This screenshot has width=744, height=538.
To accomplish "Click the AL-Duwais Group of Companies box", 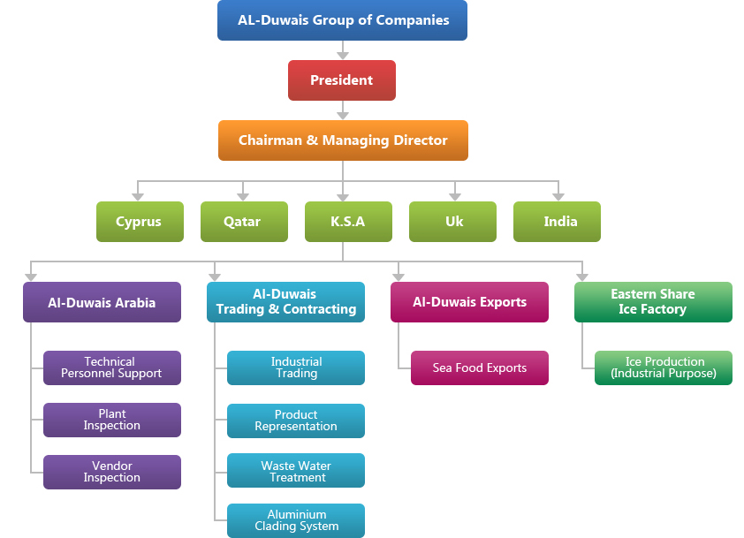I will pyautogui.click(x=342, y=20).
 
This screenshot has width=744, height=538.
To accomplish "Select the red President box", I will pyautogui.click(x=342, y=80).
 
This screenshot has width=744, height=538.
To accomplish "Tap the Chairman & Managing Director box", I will pyautogui.click(x=343, y=140).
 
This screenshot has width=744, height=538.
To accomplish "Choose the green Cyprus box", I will pyautogui.click(x=140, y=222).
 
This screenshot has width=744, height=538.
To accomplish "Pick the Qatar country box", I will pyautogui.click(x=244, y=222).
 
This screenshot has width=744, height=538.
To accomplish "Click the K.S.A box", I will pyautogui.click(x=348, y=222).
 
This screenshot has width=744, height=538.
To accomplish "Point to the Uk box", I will pyautogui.click(x=452, y=222).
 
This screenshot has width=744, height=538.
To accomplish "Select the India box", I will pyautogui.click(x=557, y=222).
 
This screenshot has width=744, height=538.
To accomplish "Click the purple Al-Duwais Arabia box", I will pyautogui.click(x=102, y=302).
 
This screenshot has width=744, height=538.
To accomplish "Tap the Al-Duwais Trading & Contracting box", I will pyautogui.click(x=285, y=302).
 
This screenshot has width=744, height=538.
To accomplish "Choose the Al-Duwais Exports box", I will pyautogui.click(x=469, y=302).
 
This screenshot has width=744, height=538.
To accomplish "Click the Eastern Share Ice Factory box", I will pyautogui.click(x=653, y=302).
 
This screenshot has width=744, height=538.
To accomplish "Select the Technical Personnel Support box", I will pyautogui.click(x=111, y=368).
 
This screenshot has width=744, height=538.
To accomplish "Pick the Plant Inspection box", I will pyautogui.click(x=111, y=420).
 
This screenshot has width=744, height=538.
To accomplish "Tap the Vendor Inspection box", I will pyautogui.click(x=111, y=472).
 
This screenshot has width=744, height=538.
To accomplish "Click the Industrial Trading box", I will pyautogui.click(x=296, y=368).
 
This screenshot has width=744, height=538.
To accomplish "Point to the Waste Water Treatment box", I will pyautogui.click(x=296, y=471).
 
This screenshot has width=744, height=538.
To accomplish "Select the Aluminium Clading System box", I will pyautogui.click(x=296, y=520).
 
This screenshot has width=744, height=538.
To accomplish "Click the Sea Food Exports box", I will pyautogui.click(x=480, y=368).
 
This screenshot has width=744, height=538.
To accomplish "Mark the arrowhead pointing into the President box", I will pyautogui.click(x=343, y=55).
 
